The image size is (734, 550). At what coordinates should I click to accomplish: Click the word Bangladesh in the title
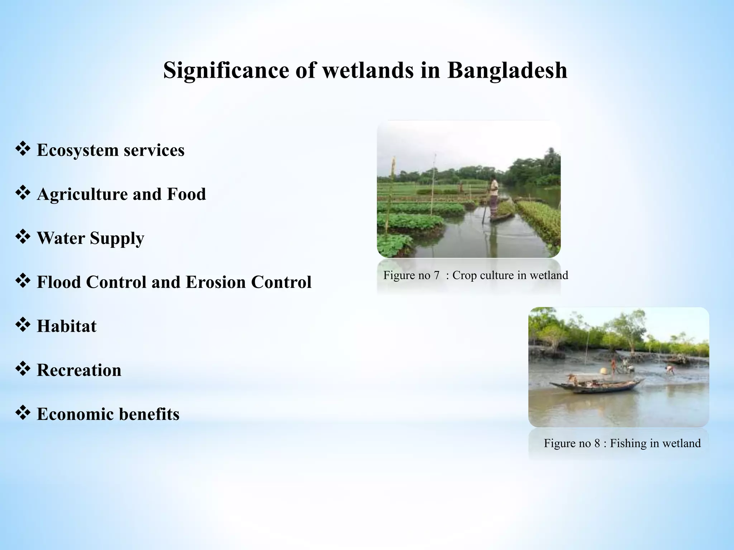point(507,70)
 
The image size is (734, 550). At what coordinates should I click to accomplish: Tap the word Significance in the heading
point(226,70)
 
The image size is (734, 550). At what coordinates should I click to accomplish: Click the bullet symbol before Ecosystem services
point(23,149)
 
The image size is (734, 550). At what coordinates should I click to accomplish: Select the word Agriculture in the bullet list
point(82,194)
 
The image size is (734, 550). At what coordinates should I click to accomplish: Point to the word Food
point(186,194)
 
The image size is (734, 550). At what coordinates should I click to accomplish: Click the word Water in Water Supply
point(61,238)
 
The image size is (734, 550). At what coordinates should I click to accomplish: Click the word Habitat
point(67,326)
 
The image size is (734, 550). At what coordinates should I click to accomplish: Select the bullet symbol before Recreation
point(23,369)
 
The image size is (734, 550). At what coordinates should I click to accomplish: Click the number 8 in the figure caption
point(597,443)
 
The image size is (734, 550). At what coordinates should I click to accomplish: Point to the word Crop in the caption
point(464,275)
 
